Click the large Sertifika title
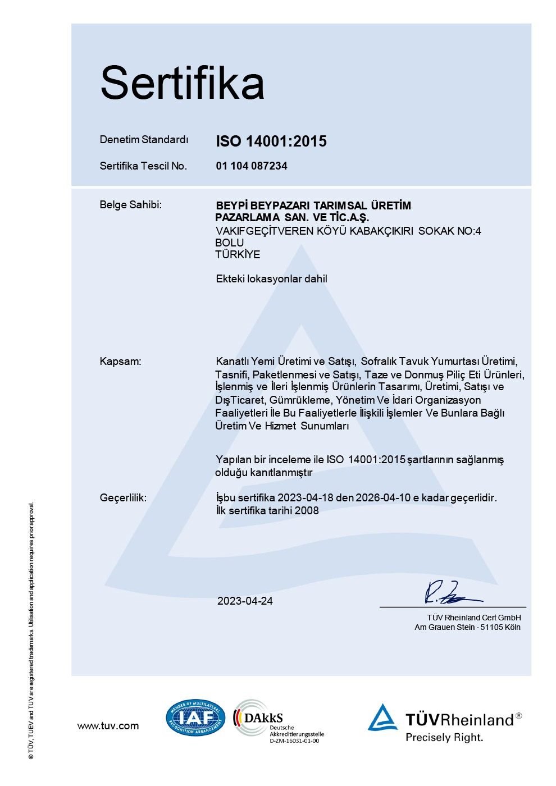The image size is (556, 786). pyautogui.click(x=182, y=83)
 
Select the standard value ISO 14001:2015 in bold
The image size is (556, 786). pyautogui.click(x=271, y=141)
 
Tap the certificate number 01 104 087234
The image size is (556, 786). pyautogui.click(x=251, y=166)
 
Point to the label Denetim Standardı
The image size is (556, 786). pyautogui.click(x=144, y=140)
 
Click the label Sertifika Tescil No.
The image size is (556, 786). pyautogui.click(x=143, y=166)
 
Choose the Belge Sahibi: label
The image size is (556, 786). pyautogui.click(x=130, y=205)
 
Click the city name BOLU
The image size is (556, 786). pyautogui.click(x=230, y=243)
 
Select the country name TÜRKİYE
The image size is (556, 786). pyautogui.click(x=238, y=255)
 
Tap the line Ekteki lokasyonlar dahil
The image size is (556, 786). pyautogui.click(x=271, y=279)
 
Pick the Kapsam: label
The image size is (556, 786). pyautogui.click(x=120, y=362)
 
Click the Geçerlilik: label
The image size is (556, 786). pyautogui.click(x=123, y=498)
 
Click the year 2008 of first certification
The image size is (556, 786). pyautogui.click(x=308, y=511)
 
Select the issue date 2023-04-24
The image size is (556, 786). pyautogui.click(x=245, y=601)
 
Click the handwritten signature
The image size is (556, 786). pyautogui.click(x=449, y=593)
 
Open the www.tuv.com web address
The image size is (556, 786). pyautogui.click(x=108, y=726)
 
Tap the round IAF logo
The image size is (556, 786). pyautogui.click(x=195, y=718)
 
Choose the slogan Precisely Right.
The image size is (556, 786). pyautogui.click(x=444, y=738)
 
